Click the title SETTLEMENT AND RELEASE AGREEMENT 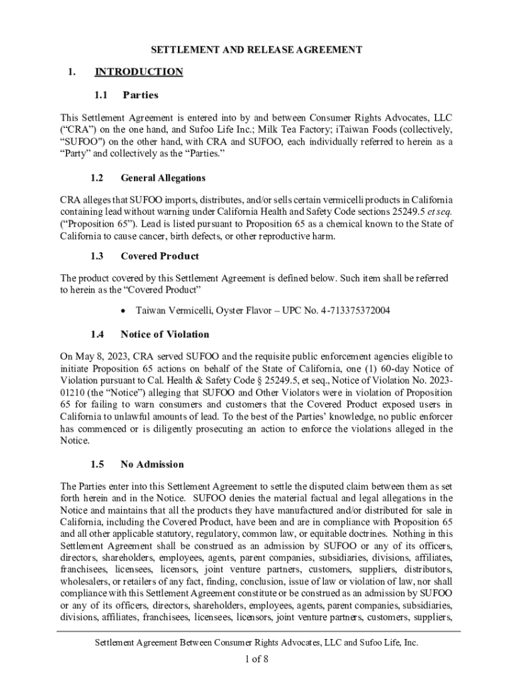click(256, 50)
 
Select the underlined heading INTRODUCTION click(139, 72)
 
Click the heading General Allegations click(163, 178)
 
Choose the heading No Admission click(152, 464)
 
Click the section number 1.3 click(97, 256)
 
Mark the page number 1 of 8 click(256, 660)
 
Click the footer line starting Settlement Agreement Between click(256, 643)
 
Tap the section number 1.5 click(97, 464)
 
